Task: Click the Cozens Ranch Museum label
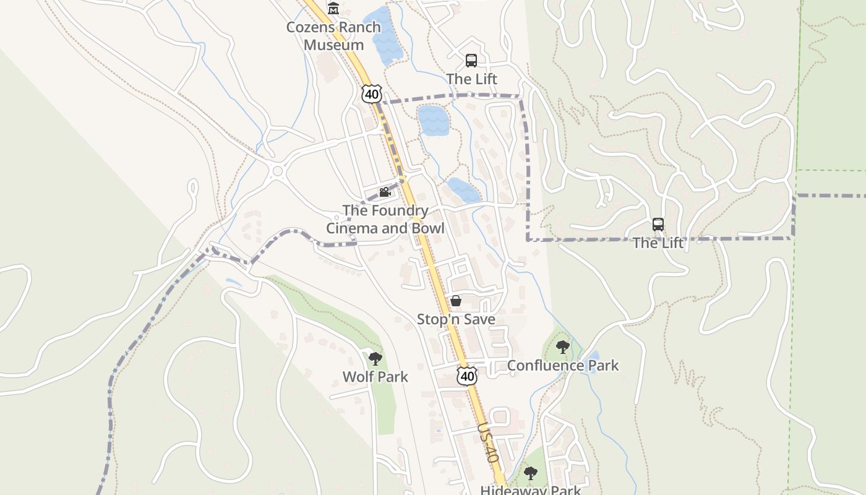point(333,37)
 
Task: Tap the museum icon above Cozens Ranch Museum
point(333,8)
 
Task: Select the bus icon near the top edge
point(471,61)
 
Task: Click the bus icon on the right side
point(658,225)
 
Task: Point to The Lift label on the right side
point(658,243)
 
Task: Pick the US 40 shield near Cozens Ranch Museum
point(371,94)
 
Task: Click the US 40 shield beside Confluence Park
point(468,376)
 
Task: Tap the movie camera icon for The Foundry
point(385,192)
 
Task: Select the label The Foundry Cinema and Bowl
point(385,219)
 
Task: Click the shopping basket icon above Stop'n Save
point(456,301)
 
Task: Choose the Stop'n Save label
point(456,319)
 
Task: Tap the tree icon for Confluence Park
point(562,347)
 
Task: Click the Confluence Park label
point(563,365)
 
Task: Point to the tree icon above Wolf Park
point(375,358)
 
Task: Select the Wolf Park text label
point(375,376)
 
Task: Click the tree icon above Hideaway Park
point(530,474)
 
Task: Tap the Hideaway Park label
point(531,490)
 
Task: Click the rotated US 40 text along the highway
point(487,443)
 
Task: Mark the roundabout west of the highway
point(277,171)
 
